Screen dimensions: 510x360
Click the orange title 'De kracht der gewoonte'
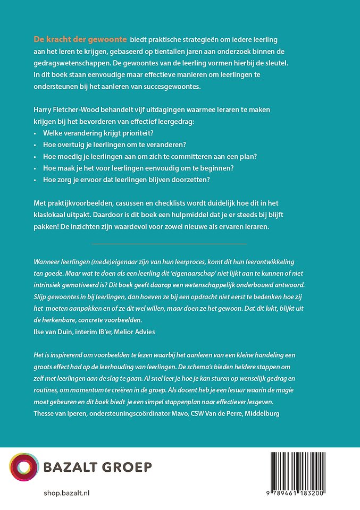[80, 39]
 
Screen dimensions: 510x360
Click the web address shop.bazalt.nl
[66, 494]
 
